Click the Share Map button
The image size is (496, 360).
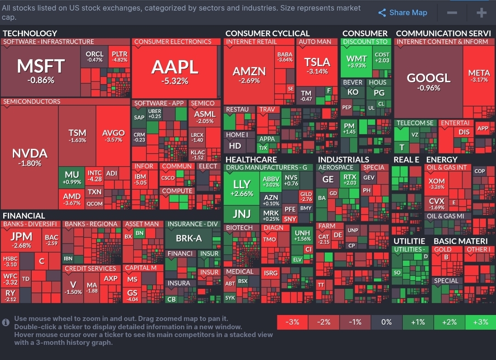(x=403, y=13)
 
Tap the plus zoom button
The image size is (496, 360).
(x=481, y=13)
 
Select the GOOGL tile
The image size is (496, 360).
(x=428, y=81)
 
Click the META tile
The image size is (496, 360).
(x=479, y=76)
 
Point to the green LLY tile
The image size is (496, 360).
(x=242, y=188)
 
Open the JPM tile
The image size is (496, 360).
(x=21, y=239)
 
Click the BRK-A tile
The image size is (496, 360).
(x=189, y=238)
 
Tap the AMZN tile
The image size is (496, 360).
(x=249, y=74)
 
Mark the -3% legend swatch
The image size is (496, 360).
(x=293, y=322)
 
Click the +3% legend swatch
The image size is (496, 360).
(x=480, y=322)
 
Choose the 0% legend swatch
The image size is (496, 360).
(x=387, y=322)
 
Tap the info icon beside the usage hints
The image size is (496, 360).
(x=6, y=322)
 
